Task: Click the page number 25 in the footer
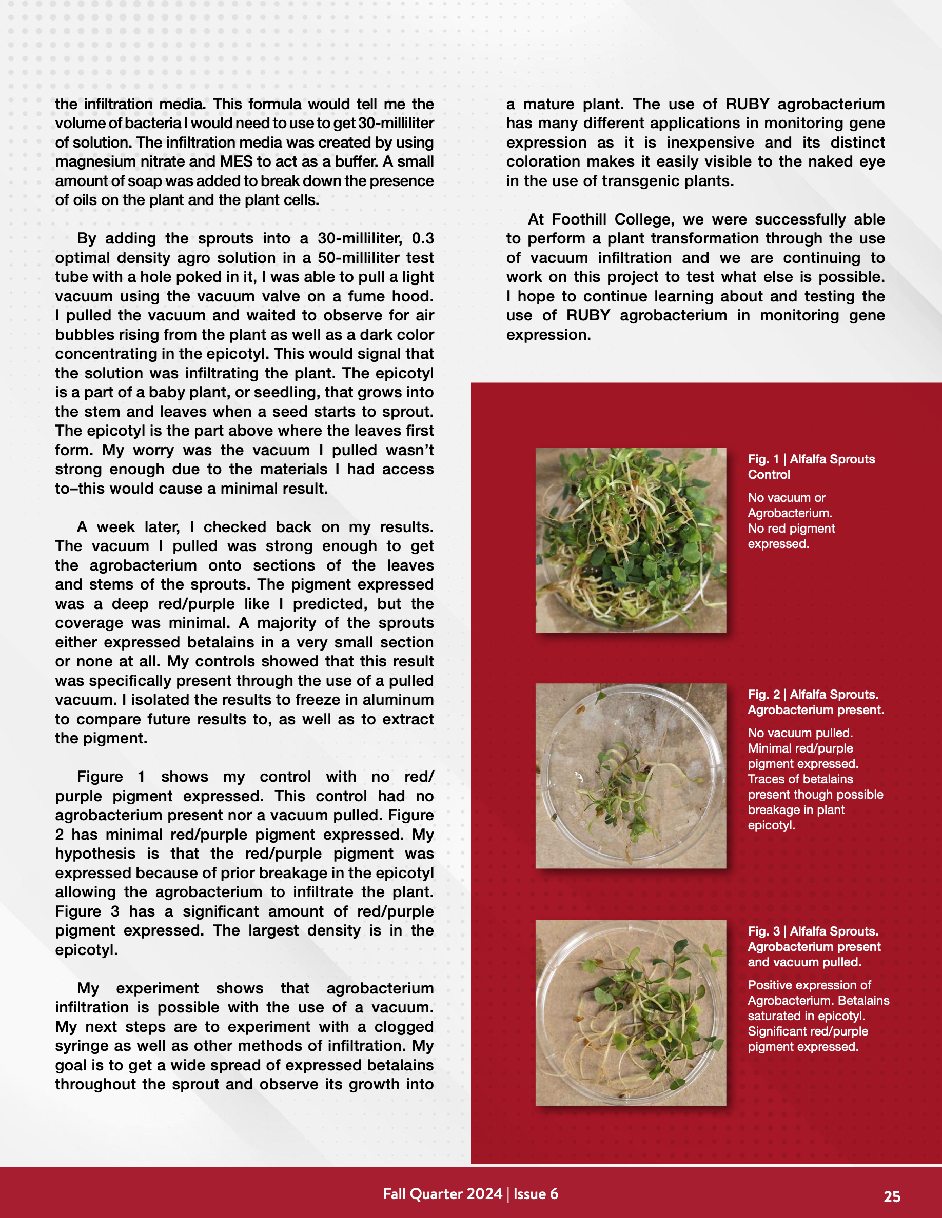(x=892, y=1196)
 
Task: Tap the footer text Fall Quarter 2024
(x=443, y=1193)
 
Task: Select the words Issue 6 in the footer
(x=536, y=1193)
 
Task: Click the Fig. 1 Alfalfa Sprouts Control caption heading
(x=811, y=467)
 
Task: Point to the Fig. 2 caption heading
(x=815, y=702)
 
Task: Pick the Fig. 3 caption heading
(x=814, y=946)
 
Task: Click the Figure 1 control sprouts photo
(x=631, y=540)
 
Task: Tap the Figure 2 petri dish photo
(x=631, y=776)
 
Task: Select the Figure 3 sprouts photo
(x=631, y=1013)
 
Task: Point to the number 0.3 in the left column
(x=422, y=238)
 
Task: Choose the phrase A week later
(x=128, y=527)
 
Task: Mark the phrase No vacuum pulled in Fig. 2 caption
(x=800, y=733)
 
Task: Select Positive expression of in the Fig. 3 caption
(x=809, y=985)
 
